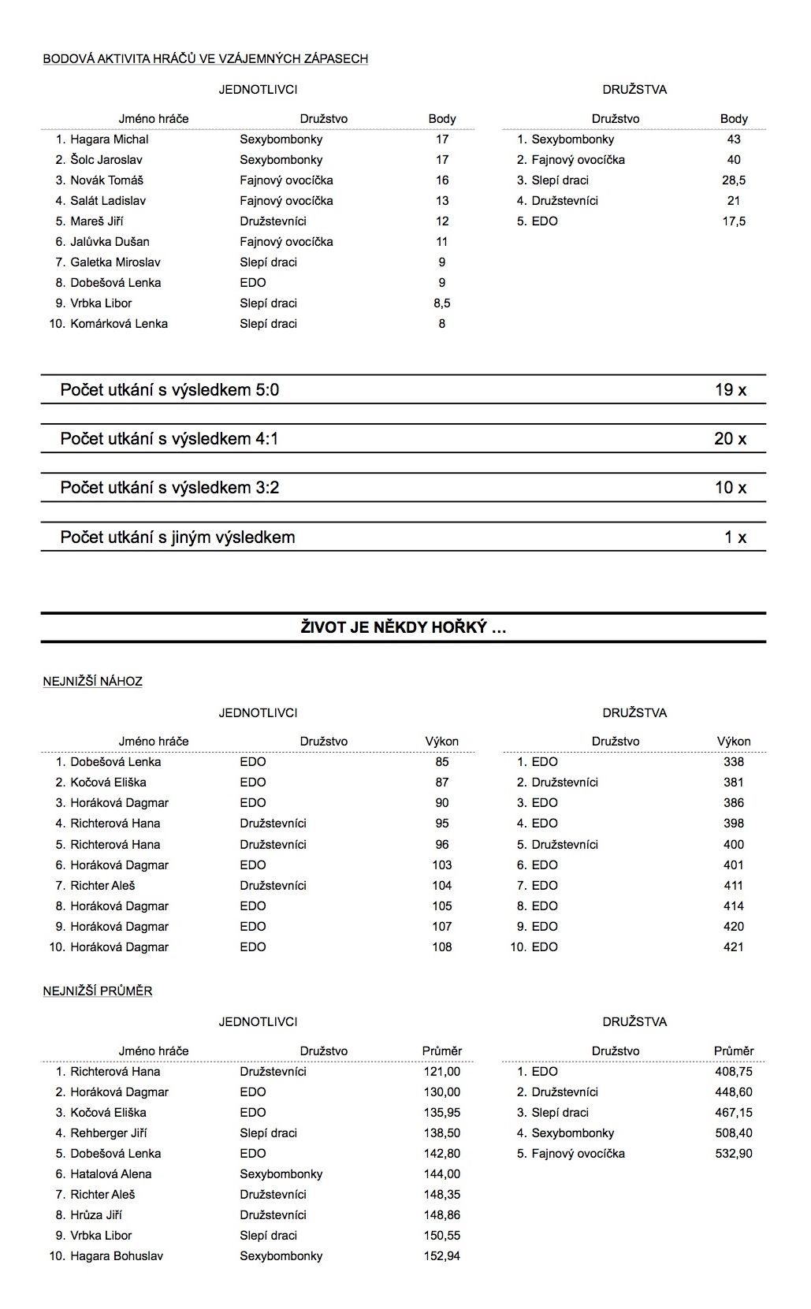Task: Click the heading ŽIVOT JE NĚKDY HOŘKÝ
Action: (x=403, y=627)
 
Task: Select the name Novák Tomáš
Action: (x=106, y=180)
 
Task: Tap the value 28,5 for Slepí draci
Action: (x=733, y=180)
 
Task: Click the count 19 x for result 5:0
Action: (x=730, y=389)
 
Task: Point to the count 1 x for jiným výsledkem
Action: (x=735, y=537)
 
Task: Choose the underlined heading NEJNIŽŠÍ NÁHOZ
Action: (x=92, y=682)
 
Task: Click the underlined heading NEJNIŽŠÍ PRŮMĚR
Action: (x=98, y=991)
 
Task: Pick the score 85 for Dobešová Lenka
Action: (x=441, y=762)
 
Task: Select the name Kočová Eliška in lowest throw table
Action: (x=108, y=783)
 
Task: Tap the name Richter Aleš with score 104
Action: (x=102, y=886)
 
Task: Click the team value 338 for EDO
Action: (x=733, y=762)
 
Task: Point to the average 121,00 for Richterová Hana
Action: (x=441, y=1072)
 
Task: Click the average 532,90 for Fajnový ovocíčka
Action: (x=733, y=1154)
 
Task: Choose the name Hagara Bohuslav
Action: (x=117, y=1256)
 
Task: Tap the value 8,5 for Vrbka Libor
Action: (x=441, y=303)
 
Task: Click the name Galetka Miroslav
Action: (x=116, y=262)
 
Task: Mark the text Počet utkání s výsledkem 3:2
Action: (x=169, y=488)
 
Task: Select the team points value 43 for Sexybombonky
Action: (x=733, y=139)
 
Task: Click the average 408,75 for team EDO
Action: (x=733, y=1072)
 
